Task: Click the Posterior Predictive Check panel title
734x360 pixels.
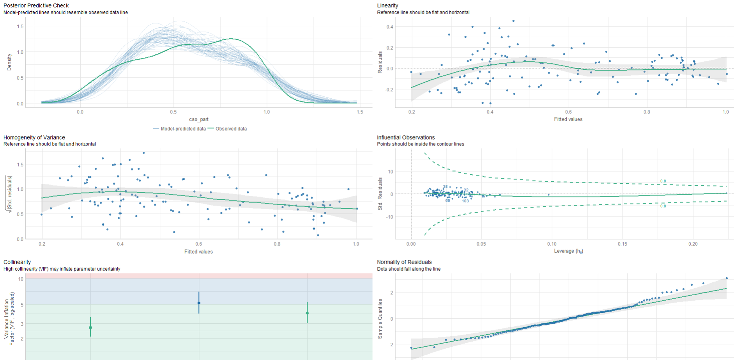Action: (x=36, y=5)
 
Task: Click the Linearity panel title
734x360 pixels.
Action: (x=387, y=5)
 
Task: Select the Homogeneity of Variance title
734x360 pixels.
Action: (x=34, y=137)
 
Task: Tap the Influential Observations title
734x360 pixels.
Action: (x=406, y=137)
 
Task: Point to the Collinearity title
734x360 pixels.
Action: (x=17, y=262)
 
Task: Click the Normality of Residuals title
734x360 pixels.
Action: (x=404, y=262)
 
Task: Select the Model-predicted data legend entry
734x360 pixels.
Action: (x=183, y=129)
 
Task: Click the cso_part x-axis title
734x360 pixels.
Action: (x=199, y=119)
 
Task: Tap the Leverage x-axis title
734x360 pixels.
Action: (x=568, y=251)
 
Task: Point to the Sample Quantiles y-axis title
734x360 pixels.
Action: (x=380, y=319)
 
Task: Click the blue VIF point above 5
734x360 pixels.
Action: (x=199, y=303)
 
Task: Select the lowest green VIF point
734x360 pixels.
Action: (x=90, y=328)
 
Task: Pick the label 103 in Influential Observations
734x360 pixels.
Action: (x=465, y=201)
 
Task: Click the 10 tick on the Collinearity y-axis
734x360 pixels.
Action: (x=21, y=279)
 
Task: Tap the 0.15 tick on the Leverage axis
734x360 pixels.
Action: (x=622, y=244)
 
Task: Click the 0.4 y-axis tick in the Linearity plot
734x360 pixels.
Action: (x=390, y=27)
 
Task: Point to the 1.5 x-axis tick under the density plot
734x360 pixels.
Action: (x=360, y=112)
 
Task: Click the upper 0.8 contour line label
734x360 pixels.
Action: (x=663, y=181)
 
